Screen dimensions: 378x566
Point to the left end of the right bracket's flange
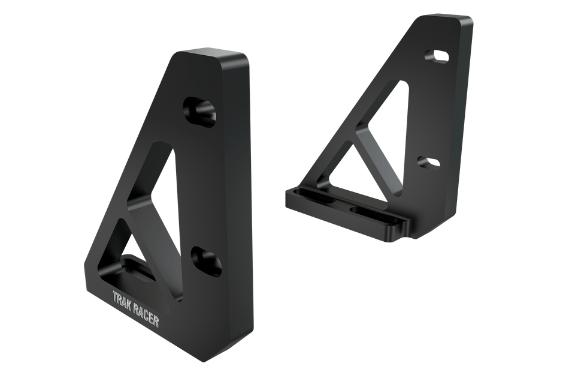286,199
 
